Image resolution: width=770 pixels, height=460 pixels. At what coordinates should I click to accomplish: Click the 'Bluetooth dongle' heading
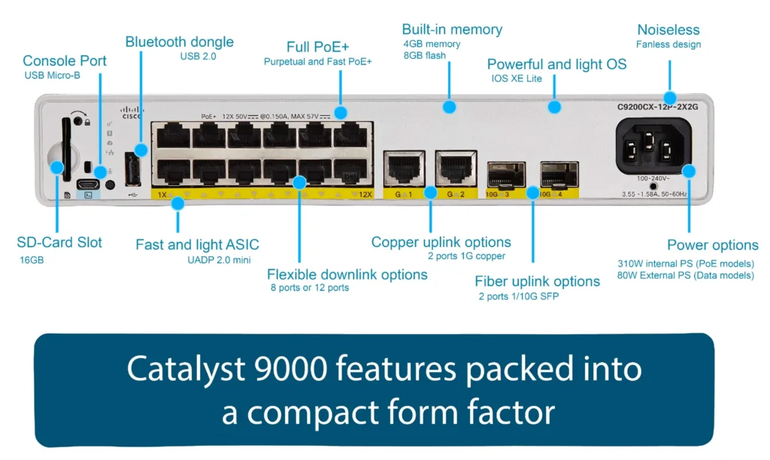(x=179, y=42)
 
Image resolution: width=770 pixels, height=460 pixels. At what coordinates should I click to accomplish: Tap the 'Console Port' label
(x=65, y=60)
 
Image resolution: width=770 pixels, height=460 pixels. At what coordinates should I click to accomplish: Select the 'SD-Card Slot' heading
(x=59, y=242)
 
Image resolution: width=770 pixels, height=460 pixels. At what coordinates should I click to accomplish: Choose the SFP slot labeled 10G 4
(x=559, y=175)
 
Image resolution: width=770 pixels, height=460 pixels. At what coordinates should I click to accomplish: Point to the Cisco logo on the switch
(x=132, y=113)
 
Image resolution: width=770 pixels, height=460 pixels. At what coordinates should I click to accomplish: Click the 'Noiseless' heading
(x=668, y=30)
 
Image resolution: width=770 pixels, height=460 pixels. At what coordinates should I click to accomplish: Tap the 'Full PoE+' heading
(x=317, y=47)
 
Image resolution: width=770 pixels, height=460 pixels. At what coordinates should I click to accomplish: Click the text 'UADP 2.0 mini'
(x=223, y=260)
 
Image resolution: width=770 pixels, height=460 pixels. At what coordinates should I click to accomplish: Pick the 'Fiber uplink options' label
(x=537, y=282)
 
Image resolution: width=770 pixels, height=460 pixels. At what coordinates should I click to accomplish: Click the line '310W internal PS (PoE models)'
(x=685, y=264)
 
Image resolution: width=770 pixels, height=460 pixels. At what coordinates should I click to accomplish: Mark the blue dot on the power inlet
(x=690, y=172)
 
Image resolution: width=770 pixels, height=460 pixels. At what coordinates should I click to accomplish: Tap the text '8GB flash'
(x=425, y=55)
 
